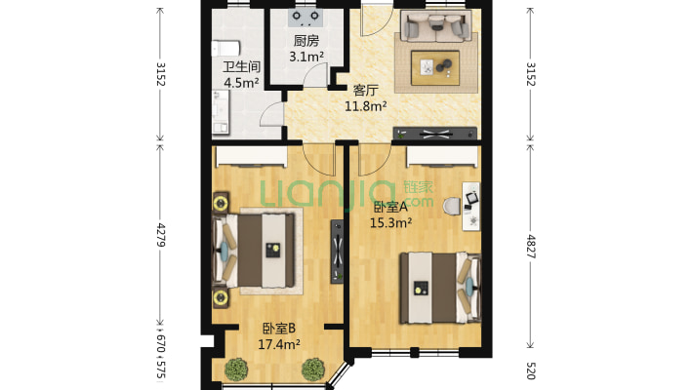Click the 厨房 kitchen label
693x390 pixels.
coord(306,41)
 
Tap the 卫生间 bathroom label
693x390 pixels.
coord(241,67)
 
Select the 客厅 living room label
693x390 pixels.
coord(365,91)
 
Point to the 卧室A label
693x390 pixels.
coord(390,207)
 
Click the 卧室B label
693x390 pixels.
coord(279,329)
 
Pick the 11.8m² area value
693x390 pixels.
coord(366,106)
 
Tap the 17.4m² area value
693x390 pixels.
coord(279,344)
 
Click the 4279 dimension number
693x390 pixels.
coord(161,235)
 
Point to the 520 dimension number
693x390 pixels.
coord(531,371)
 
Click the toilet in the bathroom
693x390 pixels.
coord(225,49)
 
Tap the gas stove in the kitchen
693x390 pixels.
coord(306,17)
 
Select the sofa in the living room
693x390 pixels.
coord(436,26)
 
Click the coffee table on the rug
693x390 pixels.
coord(435,67)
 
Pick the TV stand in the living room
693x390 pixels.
coord(435,134)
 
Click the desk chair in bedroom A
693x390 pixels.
coord(452,207)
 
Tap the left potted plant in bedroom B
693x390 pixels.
coord(236,370)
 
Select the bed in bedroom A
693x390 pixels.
coord(440,288)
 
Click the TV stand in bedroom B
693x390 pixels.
coord(337,252)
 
